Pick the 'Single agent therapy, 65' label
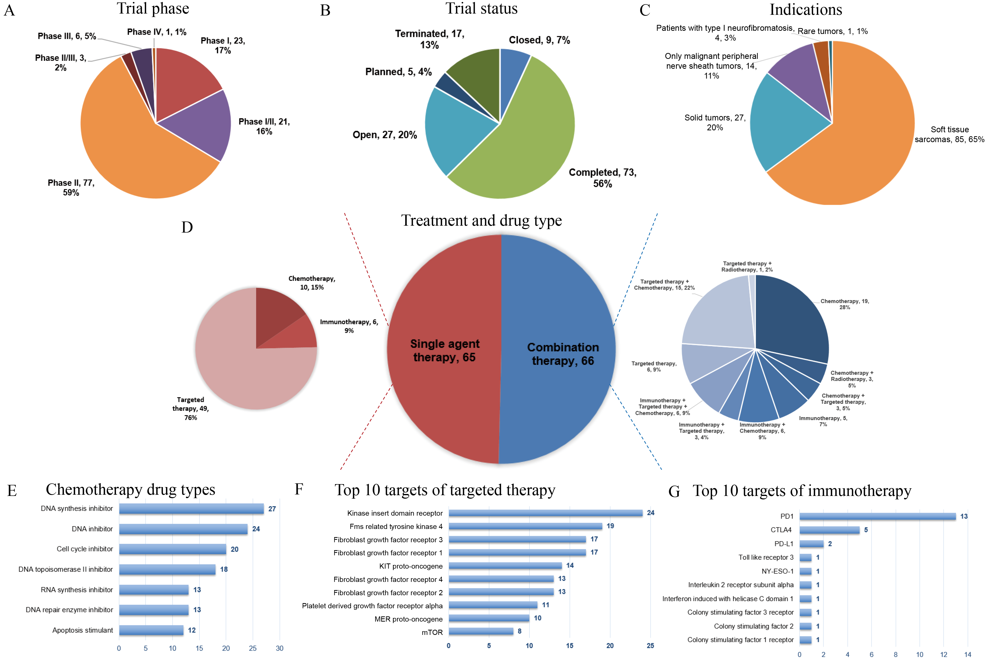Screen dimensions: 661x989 [x=445, y=351]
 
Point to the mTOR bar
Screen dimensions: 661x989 [x=481, y=631]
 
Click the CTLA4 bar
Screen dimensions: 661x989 [x=829, y=530]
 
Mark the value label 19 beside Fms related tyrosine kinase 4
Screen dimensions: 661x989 [x=610, y=526]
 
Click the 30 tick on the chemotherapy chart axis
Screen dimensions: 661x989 [x=279, y=648]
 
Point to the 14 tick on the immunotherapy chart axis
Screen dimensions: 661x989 [x=968, y=655]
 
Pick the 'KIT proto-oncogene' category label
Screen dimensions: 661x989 [x=411, y=566]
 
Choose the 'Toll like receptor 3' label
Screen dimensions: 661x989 [x=766, y=557]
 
